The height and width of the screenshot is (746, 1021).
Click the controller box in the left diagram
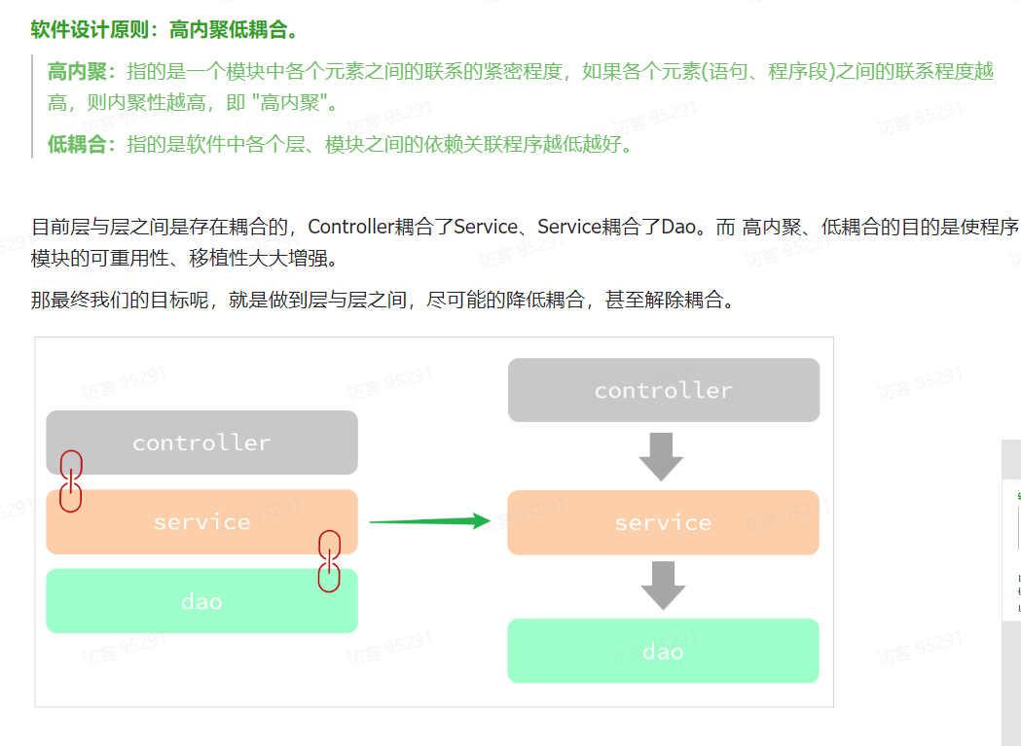point(201,443)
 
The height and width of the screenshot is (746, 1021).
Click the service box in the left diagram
point(201,522)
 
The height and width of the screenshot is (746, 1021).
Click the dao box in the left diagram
point(201,601)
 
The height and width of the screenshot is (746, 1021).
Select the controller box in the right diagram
point(663,390)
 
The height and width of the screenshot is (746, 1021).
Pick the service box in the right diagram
point(663,523)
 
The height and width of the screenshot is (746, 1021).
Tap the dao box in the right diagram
point(663,651)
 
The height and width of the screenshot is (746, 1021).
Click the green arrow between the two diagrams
point(428,521)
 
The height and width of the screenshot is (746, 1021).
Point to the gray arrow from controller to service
point(662,457)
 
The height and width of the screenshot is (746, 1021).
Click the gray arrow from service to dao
point(663,585)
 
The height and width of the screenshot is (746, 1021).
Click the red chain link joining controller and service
point(70,480)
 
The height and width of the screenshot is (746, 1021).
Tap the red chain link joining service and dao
point(330,561)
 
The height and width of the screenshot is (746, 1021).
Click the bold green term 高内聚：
point(83,71)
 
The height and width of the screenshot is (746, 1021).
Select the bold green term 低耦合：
point(83,145)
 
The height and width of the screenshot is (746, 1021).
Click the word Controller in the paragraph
point(350,227)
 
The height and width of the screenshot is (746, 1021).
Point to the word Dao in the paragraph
point(679,227)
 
